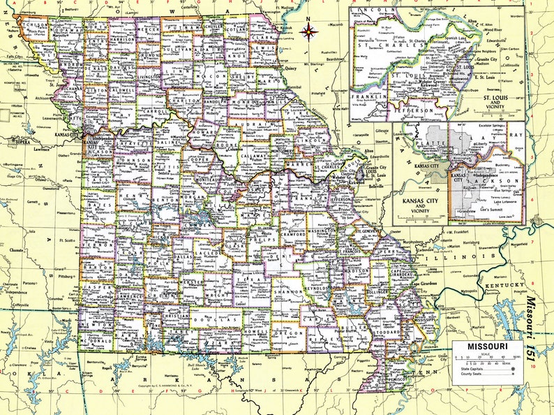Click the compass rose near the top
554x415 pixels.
pos(309,31)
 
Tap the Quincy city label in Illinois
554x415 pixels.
pos(292,68)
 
